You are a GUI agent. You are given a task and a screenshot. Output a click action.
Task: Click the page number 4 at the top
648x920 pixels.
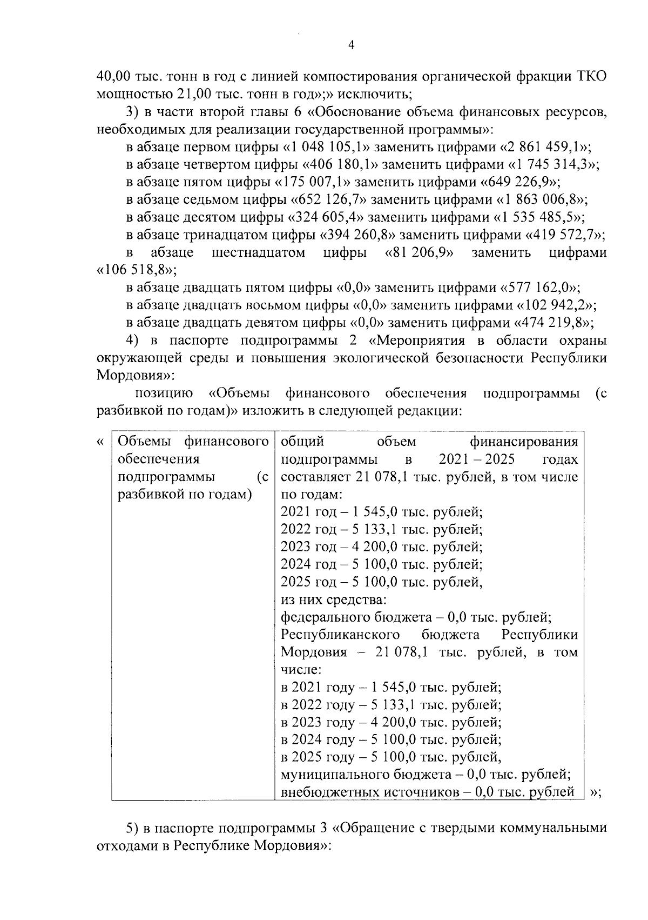tap(352, 46)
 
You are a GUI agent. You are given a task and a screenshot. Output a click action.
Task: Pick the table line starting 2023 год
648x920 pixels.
tap(381, 546)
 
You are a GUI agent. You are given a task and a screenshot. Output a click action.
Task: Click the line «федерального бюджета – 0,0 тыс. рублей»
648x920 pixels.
tap(415, 617)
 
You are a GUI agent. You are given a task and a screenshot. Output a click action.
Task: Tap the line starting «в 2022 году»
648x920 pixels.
tap(391, 705)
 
